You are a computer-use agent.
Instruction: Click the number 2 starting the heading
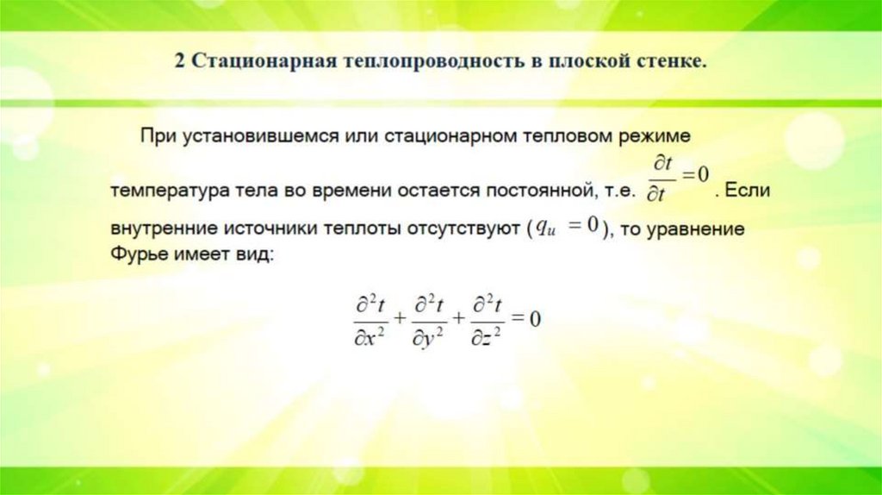point(180,64)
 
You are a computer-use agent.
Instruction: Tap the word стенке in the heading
point(671,64)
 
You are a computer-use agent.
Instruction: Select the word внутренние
point(164,230)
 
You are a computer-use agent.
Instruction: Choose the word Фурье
point(135,255)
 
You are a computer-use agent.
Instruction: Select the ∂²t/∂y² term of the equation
point(429,319)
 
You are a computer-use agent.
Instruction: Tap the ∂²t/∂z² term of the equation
point(487,319)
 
